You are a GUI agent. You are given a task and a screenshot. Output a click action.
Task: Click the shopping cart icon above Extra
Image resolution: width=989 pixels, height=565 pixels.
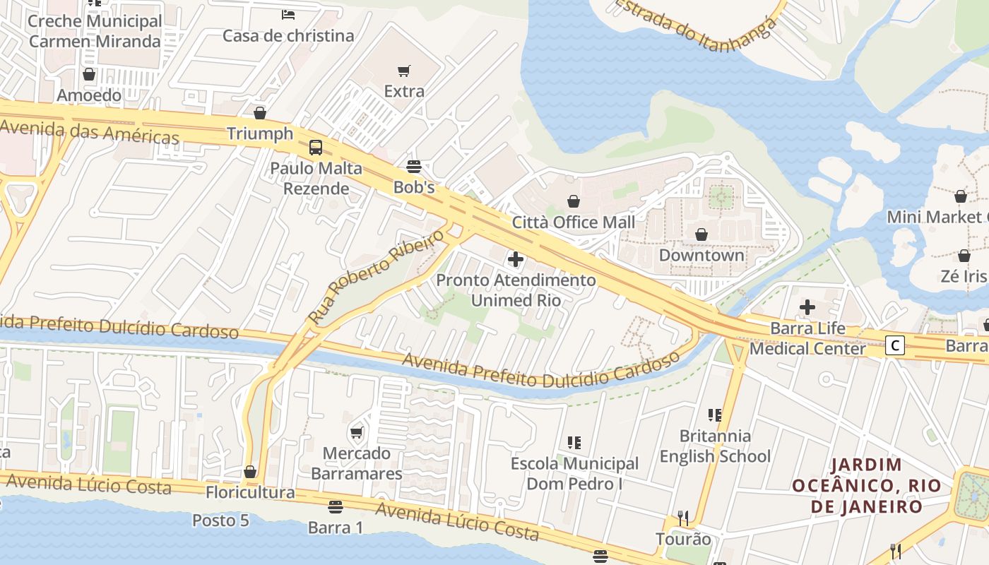[x=404, y=71]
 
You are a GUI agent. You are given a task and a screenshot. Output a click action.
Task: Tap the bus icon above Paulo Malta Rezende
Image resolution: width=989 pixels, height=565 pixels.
[x=316, y=148]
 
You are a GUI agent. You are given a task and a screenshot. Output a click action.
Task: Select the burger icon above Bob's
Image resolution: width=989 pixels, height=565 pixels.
[x=414, y=167]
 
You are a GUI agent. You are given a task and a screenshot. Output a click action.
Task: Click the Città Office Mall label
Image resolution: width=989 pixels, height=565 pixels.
[x=574, y=222]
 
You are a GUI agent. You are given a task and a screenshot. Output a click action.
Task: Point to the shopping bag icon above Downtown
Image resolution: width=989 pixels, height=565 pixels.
[x=701, y=234]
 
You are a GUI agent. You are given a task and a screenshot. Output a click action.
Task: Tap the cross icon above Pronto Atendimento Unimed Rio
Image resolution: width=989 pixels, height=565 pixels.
[x=516, y=260]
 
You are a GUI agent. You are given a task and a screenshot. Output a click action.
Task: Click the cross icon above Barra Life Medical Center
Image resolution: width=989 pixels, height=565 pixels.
[x=807, y=307]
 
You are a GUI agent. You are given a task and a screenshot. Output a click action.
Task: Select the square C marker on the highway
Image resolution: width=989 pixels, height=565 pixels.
[x=895, y=345]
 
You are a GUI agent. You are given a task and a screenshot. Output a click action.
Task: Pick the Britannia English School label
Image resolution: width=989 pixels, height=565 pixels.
[x=715, y=446]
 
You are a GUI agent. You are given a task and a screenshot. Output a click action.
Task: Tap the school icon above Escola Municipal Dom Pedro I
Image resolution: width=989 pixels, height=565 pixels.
[x=574, y=443]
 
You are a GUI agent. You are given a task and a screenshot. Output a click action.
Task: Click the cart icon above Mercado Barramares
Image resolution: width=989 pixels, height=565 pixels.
[x=357, y=432]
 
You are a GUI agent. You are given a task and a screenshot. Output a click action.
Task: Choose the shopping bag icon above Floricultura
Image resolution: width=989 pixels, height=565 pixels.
[x=250, y=472]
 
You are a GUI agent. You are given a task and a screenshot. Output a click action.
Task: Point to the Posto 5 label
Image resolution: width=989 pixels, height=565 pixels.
[x=221, y=521]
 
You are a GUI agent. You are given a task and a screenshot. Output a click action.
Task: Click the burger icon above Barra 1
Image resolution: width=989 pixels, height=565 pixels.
[x=336, y=507]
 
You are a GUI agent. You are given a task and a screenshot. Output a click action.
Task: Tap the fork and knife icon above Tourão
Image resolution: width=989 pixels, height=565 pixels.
[x=682, y=518]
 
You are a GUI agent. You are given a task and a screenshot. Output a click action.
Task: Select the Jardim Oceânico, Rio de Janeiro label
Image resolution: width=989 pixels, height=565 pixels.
[x=867, y=486]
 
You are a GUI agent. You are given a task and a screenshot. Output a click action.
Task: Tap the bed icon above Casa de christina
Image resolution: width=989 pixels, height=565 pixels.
[x=288, y=14]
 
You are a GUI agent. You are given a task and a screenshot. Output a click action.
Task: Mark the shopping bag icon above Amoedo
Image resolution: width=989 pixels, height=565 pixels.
[x=89, y=74]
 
